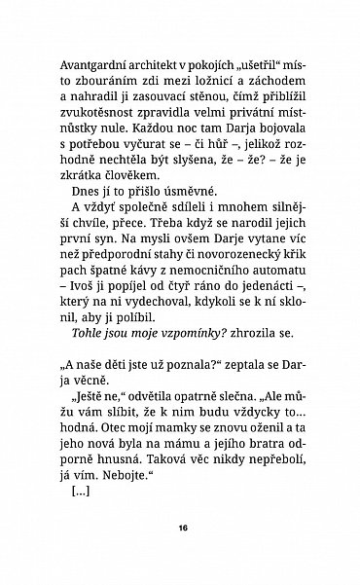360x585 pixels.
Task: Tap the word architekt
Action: pyautogui.click(x=159, y=64)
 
